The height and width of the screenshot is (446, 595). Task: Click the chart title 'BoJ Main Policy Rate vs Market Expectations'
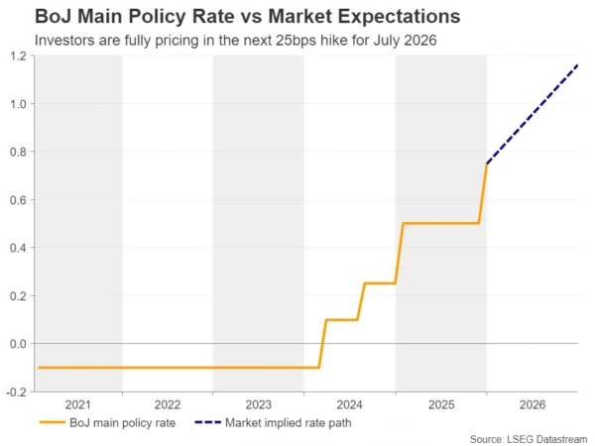(x=247, y=17)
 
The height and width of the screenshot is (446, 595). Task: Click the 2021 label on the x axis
(x=77, y=404)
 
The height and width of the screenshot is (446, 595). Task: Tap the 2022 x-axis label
(x=168, y=404)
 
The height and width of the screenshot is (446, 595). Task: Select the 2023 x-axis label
(x=259, y=404)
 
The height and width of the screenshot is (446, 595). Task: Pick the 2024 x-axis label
(x=350, y=404)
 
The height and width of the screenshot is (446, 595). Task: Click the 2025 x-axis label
(x=440, y=404)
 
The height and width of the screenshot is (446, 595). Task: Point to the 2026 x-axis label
(x=532, y=404)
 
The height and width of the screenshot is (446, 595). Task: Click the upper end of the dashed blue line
(x=576, y=64)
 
